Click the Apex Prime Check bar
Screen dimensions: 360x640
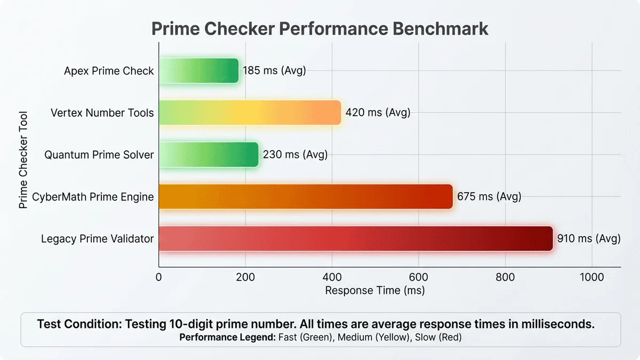pos(198,70)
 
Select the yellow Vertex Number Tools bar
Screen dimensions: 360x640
pos(250,113)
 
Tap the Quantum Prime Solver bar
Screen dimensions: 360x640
pos(209,155)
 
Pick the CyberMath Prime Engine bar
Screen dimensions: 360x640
pos(306,196)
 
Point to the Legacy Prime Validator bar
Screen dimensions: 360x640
pos(356,238)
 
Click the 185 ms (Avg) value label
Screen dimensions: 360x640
pos(274,70)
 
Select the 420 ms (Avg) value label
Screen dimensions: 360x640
pos(378,113)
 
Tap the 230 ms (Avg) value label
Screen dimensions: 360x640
pos(295,155)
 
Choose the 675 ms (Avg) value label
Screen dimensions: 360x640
pos(489,196)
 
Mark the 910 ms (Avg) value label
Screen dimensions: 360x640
pos(589,238)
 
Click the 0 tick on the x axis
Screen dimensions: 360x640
pos(158,277)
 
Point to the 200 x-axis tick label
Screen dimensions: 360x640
pos(245,277)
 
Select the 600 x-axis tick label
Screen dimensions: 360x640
pos(419,277)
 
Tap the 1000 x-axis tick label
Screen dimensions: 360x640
pos(591,277)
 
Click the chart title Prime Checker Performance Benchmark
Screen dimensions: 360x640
pos(320,28)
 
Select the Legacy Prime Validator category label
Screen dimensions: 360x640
pos(98,238)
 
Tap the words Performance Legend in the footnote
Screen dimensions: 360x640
pos(228,337)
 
